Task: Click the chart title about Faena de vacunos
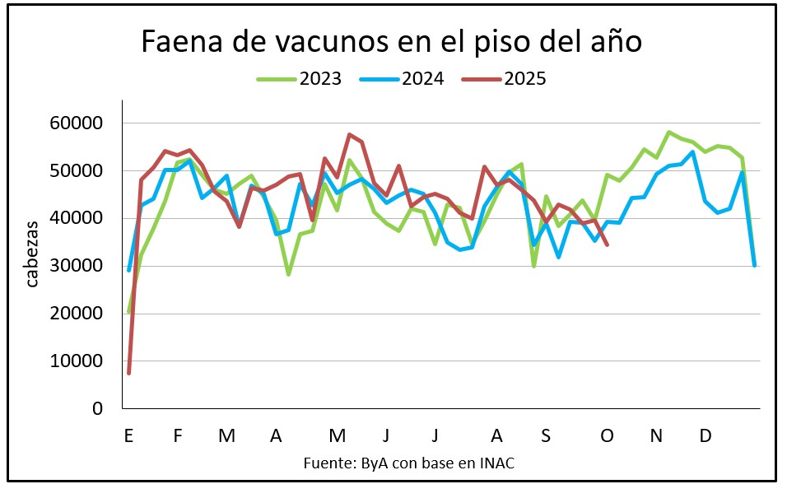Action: point(390,41)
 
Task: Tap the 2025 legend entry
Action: point(514,79)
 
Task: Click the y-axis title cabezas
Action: point(32,254)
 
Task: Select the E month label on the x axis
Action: point(128,435)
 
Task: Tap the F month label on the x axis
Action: point(177,435)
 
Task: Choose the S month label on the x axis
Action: point(547,435)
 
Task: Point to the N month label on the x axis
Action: point(656,435)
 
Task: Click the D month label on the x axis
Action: point(705,435)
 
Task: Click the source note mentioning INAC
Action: point(409,463)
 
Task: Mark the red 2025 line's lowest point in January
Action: point(129,373)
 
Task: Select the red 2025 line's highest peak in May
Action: point(349,134)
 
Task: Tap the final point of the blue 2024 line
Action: point(755,265)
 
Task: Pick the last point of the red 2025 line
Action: point(608,244)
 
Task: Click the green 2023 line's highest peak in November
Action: point(668,133)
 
